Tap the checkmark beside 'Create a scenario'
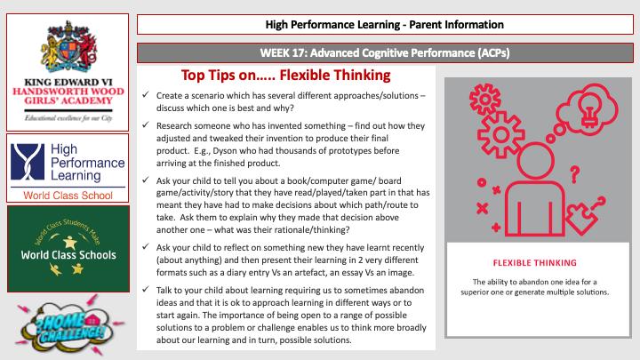(x=147, y=96)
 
